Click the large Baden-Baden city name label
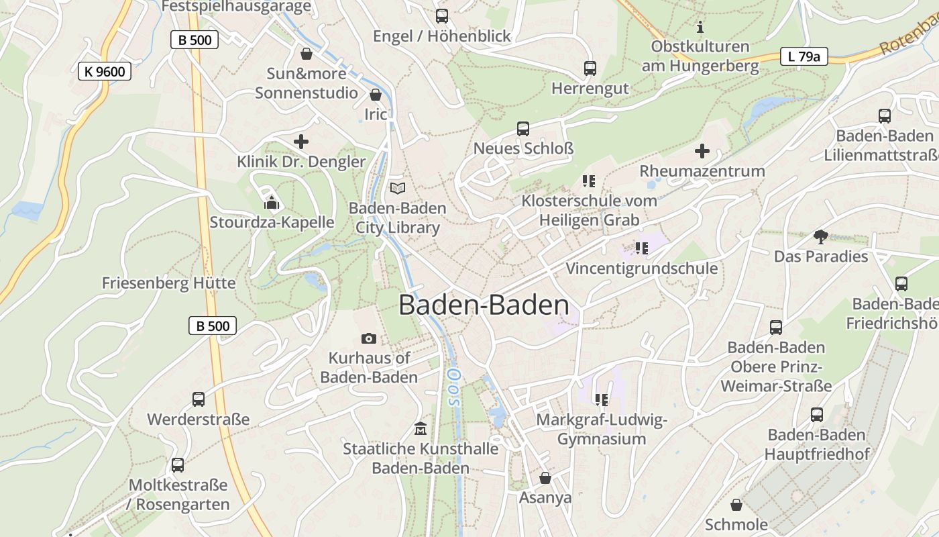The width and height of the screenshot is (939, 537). click(x=484, y=305)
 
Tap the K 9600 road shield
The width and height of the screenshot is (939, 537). click(x=105, y=71)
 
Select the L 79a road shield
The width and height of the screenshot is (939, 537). click(x=804, y=56)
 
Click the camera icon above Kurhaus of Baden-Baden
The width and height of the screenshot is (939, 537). click(x=368, y=338)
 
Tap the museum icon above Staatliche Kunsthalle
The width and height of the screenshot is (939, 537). click(x=421, y=428)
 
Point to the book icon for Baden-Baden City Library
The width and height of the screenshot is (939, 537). click(x=398, y=189)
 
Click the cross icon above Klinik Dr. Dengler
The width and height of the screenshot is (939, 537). click(x=301, y=142)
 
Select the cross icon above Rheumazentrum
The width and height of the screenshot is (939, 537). click(x=702, y=151)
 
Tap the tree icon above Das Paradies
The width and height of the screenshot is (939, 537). click(x=820, y=236)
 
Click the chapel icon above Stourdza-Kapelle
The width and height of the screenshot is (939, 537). click(x=272, y=201)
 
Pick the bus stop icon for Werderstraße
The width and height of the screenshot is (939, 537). click(x=199, y=399)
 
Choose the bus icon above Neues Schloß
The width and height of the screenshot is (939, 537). click(x=523, y=128)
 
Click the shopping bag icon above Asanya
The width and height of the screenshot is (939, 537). click(x=545, y=478)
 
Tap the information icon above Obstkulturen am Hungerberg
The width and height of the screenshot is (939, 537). click(x=700, y=27)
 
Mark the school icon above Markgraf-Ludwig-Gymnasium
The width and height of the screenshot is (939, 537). click(x=601, y=400)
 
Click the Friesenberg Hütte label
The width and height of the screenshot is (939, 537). click(x=168, y=283)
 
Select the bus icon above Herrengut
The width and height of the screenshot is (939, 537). click(x=590, y=68)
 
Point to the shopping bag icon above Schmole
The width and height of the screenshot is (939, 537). click(x=736, y=505)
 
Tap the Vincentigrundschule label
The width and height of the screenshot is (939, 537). click(x=641, y=268)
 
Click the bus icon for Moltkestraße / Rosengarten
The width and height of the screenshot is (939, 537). click(x=178, y=465)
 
